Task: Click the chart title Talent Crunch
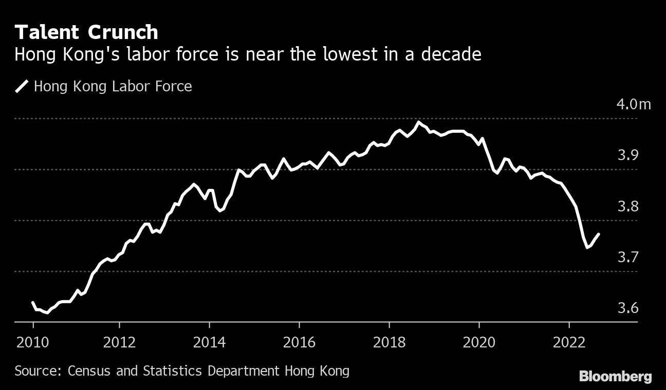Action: tap(86, 32)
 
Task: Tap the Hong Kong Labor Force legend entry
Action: tap(113, 86)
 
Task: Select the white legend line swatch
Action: tap(22, 86)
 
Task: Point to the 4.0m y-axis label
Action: tap(633, 105)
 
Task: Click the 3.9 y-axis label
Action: tap(627, 155)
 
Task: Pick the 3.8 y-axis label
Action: tap(627, 206)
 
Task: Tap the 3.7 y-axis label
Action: tap(627, 257)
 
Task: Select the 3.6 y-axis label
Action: tap(627, 308)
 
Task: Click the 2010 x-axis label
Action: tap(33, 342)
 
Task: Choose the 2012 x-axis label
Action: tap(119, 342)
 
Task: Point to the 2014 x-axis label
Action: tap(209, 342)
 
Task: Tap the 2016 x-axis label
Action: tap(299, 342)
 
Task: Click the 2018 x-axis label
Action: tap(389, 342)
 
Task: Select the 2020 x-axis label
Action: tap(479, 342)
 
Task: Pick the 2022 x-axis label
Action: tap(569, 342)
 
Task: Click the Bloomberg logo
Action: tap(615, 377)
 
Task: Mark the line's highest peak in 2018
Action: tap(419, 122)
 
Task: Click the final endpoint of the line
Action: tap(599, 234)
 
